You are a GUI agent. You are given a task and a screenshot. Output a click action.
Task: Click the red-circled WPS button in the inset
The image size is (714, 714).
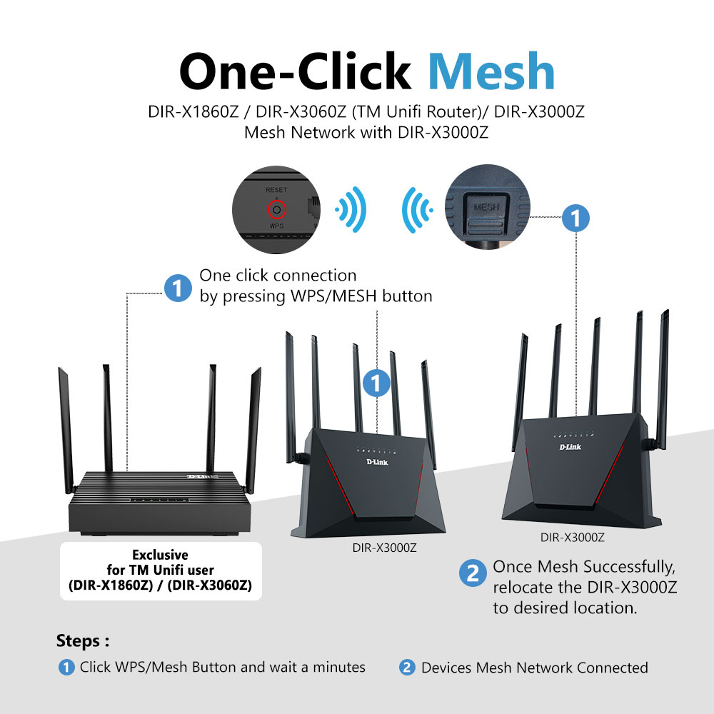pos(276,209)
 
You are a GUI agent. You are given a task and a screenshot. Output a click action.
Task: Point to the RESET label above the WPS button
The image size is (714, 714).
pos(276,190)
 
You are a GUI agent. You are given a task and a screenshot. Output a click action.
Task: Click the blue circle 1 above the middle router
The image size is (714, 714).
pos(376,383)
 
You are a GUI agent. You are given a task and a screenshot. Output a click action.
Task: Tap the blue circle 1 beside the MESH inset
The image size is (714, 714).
pos(575,218)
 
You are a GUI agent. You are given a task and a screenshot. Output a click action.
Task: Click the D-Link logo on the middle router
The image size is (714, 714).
pos(377,462)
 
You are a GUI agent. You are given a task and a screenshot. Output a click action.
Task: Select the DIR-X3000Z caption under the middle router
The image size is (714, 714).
pos(384,548)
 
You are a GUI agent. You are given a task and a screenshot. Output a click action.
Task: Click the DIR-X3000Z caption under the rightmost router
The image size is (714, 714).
pos(573,538)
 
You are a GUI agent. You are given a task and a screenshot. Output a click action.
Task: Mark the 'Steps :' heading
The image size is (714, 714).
pos(83,640)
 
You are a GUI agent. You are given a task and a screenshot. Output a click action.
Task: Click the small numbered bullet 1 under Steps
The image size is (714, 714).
pos(66,668)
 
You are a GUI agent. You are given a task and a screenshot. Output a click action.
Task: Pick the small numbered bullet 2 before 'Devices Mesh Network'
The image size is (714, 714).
pos(407,668)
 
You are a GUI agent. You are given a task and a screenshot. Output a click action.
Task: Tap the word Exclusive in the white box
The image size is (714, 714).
pos(161,555)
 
